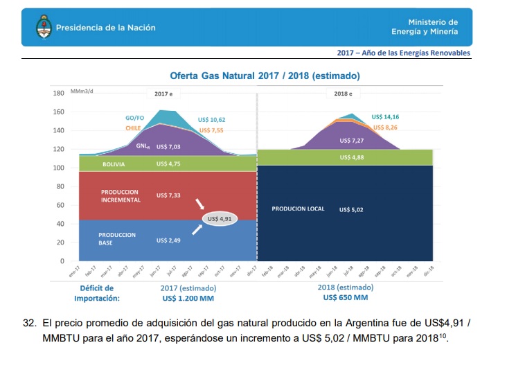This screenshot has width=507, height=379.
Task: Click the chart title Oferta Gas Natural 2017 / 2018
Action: click(x=265, y=76)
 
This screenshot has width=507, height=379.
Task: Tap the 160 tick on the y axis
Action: click(x=59, y=112)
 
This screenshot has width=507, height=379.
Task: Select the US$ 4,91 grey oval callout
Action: click(x=222, y=218)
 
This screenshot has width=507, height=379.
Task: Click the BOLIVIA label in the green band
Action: click(x=114, y=164)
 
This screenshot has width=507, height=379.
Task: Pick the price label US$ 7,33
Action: click(x=168, y=195)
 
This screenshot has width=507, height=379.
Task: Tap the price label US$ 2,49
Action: click(x=168, y=240)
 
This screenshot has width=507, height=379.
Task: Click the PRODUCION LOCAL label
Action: click(x=298, y=209)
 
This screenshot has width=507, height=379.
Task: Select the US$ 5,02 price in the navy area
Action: click(x=351, y=209)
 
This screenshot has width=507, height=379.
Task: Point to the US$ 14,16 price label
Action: click(x=385, y=117)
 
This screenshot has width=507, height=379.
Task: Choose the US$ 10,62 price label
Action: click(x=211, y=120)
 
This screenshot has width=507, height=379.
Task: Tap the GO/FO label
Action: click(x=134, y=118)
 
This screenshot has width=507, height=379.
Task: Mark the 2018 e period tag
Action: click(x=344, y=94)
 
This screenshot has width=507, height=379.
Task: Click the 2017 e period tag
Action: click(x=163, y=94)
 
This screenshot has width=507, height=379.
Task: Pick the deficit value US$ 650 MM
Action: click(x=345, y=298)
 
